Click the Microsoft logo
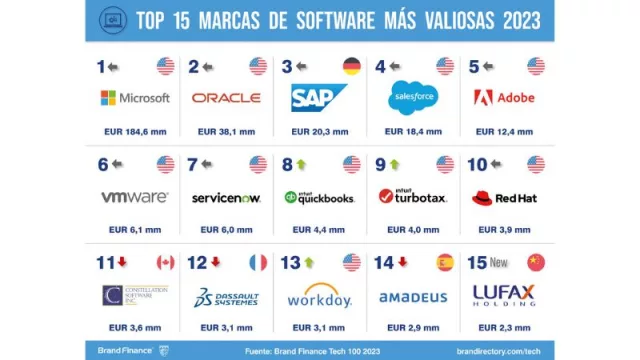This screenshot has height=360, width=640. pyautogui.click(x=135, y=98)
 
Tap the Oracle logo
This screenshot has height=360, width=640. pyautogui.click(x=226, y=98)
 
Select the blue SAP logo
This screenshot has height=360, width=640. pyautogui.click(x=319, y=98)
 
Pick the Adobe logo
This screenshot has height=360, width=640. pyautogui.click(x=505, y=98)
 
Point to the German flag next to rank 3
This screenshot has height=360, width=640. pyautogui.click(x=351, y=67)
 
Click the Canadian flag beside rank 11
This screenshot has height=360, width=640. pyautogui.click(x=165, y=262)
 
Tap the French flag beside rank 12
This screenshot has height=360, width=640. pyautogui.click(x=258, y=262)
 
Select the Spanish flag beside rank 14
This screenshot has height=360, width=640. pyautogui.click(x=443, y=262)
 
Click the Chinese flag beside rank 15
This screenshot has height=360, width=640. pyautogui.click(x=536, y=262)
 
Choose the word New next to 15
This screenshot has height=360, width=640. pyautogui.click(x=502, y=262)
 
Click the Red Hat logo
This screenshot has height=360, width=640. pyautogui.click(x=505, y=197)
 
